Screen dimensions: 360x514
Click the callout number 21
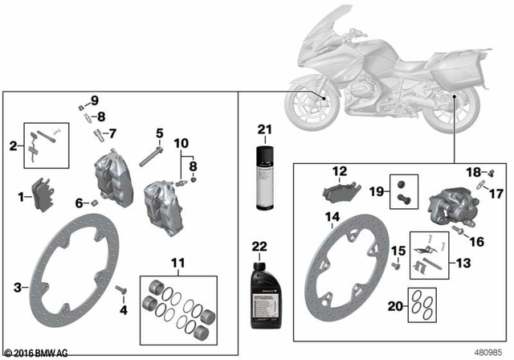[265, 129]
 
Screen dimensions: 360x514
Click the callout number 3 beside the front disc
[17, 287]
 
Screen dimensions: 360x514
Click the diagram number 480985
[489, 351]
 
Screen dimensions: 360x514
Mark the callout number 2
[13, 145]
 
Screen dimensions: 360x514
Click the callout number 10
[180, 143]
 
